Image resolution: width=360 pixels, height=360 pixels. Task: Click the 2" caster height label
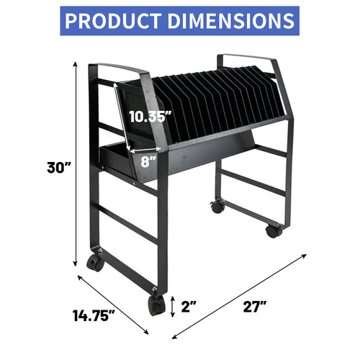coord(189,307)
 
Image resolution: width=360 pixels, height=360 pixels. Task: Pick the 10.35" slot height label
coord(150,115)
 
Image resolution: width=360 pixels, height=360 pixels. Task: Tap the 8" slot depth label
coord(149,163)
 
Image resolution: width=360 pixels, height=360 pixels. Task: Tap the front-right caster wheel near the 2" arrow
coord(155,306)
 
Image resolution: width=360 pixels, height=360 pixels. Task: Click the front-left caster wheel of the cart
coord(95,263)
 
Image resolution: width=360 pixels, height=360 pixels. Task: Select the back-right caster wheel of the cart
coord(274,230)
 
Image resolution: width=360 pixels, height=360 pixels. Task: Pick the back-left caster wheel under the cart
coord(217,207)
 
